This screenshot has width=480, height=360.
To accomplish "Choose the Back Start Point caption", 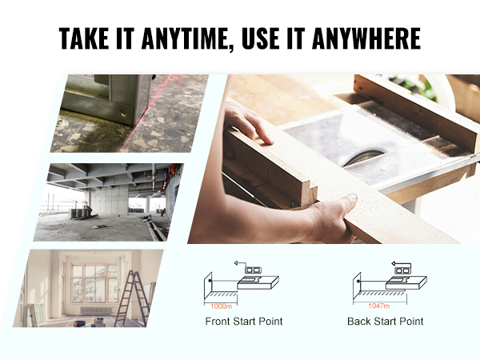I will [386, 322].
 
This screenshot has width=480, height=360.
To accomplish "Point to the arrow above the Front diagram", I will [238, 261].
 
